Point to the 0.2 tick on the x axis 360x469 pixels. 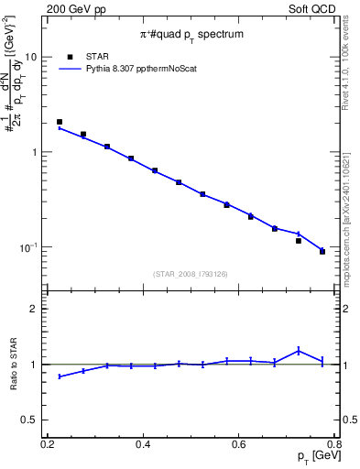pyautogui.click(x=48, y=444)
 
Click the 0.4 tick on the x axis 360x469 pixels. pyautogui.click(x=143, y=444)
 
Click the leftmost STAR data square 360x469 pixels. pyautogui.click(x=60, y=122)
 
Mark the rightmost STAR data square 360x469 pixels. pyautogui.click(x=322, y=252)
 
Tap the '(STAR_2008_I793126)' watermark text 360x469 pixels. pyautogui.click(x=192, y=273)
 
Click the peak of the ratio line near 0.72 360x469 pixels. pyautogui.click(x=299, y=350)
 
